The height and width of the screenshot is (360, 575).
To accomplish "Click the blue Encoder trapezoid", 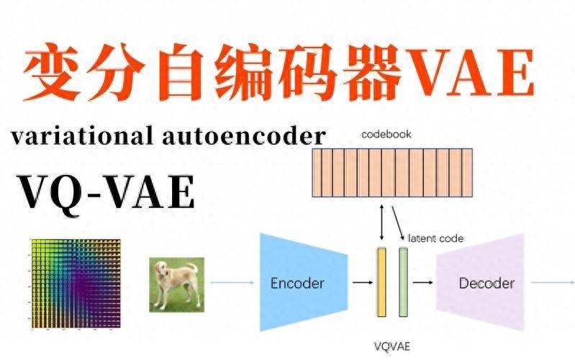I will coord(296,282).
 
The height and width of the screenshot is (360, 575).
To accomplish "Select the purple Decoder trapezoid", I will coord(486,283).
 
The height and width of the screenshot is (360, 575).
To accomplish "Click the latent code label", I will coord(435,238).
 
